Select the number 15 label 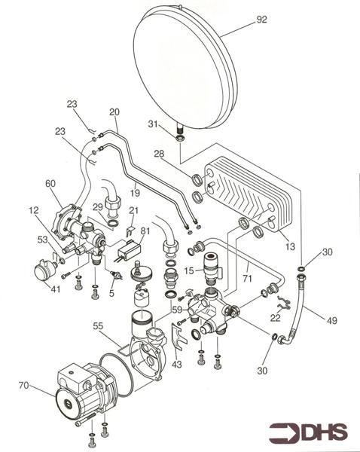point(191,270)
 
